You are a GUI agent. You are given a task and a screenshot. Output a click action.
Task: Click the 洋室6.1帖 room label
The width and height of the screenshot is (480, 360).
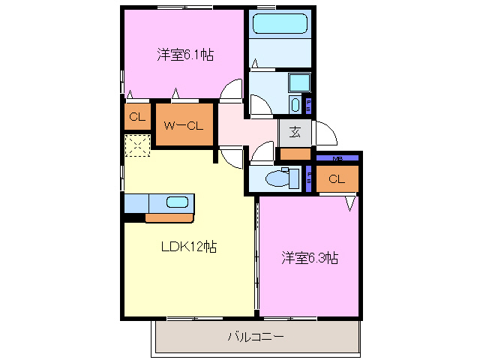(184, 55)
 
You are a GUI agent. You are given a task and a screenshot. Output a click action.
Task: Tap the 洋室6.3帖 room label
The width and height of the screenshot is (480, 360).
(310, 258)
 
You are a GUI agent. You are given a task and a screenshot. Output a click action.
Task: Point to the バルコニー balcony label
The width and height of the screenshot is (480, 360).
(255, 337)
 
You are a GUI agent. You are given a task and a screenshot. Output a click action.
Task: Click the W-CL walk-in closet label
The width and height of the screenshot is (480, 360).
(184, 125)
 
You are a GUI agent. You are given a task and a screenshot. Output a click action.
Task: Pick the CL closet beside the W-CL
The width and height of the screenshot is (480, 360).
(136, 117)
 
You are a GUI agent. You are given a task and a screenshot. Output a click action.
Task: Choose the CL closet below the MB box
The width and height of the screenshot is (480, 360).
(336, 178)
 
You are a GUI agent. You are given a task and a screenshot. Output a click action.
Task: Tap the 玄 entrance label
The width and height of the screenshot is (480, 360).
(295, 133)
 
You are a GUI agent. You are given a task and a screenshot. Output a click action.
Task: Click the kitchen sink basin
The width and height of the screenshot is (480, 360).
(178, 202)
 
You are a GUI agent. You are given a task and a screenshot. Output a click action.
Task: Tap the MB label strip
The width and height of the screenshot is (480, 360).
(337, 158)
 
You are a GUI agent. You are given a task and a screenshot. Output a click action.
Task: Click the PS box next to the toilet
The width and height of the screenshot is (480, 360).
(309, 178)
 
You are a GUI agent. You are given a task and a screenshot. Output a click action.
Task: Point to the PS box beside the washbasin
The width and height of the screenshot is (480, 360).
(309, 103)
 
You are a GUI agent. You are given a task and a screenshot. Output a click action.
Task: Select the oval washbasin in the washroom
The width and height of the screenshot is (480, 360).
(295, 104)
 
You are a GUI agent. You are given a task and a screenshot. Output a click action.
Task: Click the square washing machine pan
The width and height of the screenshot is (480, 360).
(299, 82)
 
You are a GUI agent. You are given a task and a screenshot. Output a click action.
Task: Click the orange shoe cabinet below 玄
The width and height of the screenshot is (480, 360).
(295, 154)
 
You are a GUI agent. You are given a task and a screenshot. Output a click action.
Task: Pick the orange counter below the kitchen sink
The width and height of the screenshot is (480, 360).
(169, 218)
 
